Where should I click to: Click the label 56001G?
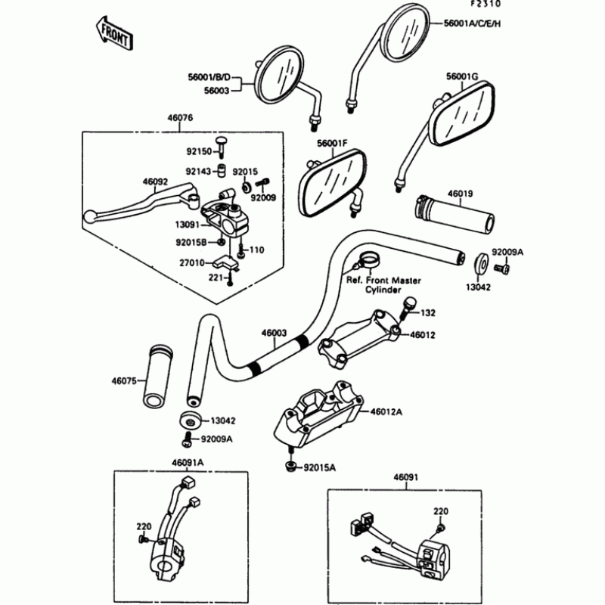pos(462,76)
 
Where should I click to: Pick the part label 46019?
pos(462,194)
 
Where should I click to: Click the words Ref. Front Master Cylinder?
pos(383,285)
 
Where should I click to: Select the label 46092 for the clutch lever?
pos(154,181)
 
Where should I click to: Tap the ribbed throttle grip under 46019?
pos(454,213)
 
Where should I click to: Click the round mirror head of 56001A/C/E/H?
pos(407,33)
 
